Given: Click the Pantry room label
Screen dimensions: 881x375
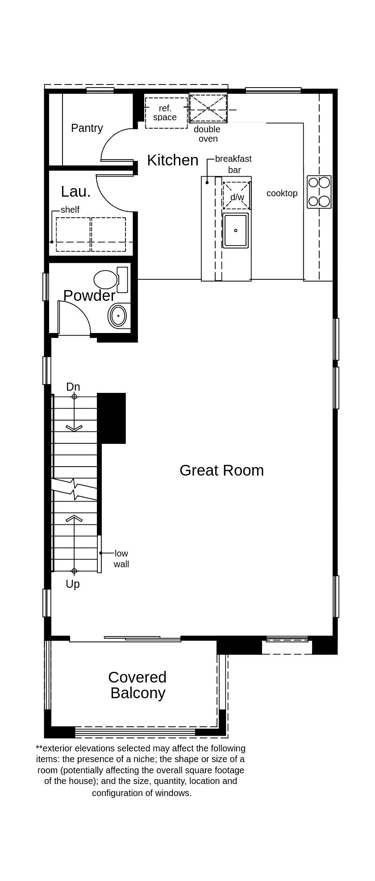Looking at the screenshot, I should click(x=87, y=128).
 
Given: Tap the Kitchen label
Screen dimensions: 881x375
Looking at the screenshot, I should click(x=173, y=160).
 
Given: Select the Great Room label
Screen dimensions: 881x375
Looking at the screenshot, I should click(x=221, y=470).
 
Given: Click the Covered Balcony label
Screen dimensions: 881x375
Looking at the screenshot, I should click(x=137, y=685).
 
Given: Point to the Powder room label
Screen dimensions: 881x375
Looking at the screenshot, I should click(x=89, y=295).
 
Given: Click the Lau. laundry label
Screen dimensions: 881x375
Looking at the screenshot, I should click(x=76, y=192).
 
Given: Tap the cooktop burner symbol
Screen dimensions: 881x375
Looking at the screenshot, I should click(x=319, y=192).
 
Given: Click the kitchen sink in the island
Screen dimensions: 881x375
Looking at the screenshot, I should click(x=235, y=231).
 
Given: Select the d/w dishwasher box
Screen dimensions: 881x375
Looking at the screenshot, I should click(x=237, y=196).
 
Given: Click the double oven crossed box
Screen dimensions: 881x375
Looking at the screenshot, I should click(x=208, y=108).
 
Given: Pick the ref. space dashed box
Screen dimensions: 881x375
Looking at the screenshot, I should click(x=166, y=113).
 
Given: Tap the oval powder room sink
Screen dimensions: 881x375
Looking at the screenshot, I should click(x=118, y=316).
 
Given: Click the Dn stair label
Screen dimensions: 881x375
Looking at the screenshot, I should click(x=73, y=387).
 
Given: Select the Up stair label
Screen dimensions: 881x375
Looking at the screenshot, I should click(x=73, y=584).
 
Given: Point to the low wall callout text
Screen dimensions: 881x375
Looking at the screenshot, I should click(x=121, y=559).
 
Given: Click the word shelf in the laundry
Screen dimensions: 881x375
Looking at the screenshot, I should click(x=70, y=210).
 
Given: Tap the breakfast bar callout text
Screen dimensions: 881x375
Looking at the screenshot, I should click(x=233, y=164).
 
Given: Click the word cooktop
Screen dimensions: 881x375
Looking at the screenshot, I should click(x=282, y=193).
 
